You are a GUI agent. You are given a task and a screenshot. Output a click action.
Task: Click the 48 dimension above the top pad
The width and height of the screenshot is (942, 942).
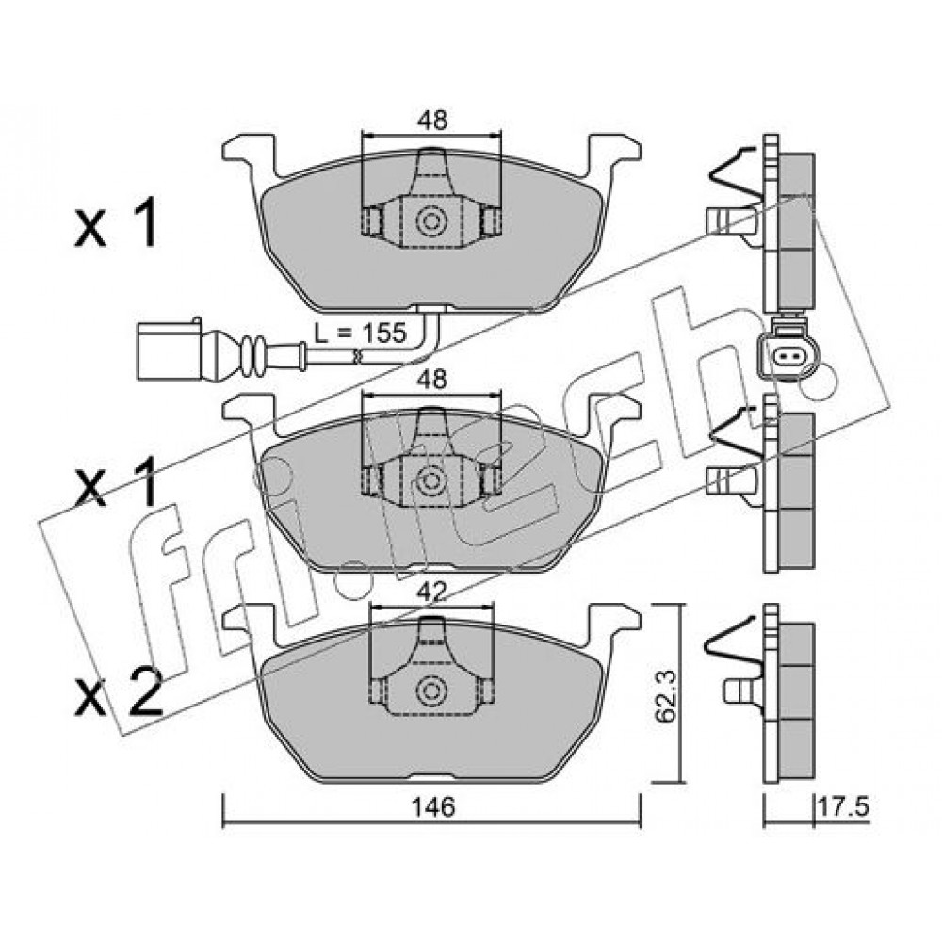point(432,121)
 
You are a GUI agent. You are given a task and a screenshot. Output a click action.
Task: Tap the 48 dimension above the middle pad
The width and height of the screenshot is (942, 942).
point(432,380)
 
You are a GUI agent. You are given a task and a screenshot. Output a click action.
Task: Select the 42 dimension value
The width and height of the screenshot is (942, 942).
point(432,593)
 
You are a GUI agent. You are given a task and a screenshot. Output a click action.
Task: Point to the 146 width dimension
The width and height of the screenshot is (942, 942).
point(433,807)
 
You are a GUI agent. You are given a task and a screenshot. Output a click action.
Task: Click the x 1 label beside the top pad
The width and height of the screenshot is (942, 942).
point(116,223)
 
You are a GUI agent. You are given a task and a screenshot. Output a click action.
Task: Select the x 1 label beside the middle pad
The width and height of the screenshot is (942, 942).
point(116,481)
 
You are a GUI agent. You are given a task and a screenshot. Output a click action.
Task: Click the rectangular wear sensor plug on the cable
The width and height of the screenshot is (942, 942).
point(169,349)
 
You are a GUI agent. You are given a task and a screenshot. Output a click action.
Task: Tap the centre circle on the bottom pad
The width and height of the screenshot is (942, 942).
point(431,690)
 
